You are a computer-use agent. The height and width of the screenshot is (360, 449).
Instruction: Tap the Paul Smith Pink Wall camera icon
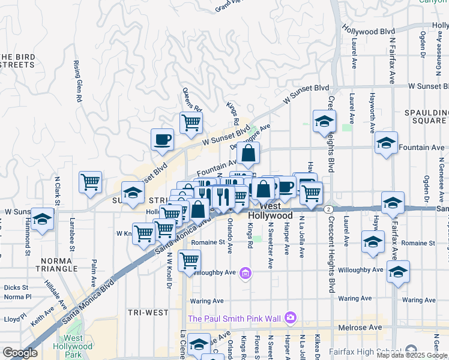point(291,317)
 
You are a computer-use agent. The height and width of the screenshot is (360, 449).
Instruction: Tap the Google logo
point(20,353)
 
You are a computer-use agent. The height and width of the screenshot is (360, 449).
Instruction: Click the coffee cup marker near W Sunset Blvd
point(162,140)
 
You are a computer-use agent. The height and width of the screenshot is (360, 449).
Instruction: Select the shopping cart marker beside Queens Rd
point(191,122)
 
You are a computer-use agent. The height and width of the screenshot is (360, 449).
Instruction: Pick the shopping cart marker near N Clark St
point(90,182)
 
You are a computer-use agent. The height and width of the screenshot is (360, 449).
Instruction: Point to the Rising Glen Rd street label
point(77,82)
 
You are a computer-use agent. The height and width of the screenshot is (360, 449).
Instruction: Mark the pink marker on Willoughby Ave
point(245,274)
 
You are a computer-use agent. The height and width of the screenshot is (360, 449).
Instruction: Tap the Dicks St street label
point(16,287)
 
